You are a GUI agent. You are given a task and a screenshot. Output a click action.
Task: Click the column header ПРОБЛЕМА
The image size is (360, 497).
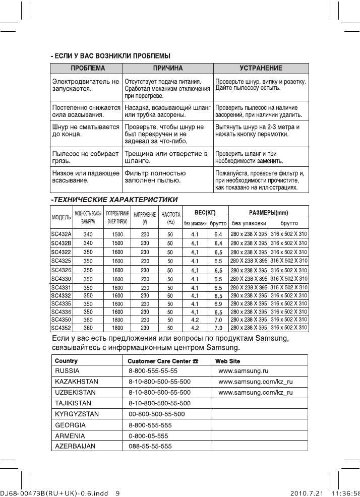(87, 68)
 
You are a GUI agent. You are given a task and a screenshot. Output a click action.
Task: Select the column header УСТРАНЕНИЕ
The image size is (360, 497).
(261, 68)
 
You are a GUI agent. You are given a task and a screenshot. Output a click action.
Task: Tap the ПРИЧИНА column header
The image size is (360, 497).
(168, 68)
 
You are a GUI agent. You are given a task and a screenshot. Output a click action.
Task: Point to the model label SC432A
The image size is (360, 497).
(62, 234)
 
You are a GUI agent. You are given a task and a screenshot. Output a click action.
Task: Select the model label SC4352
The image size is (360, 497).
(62, 328)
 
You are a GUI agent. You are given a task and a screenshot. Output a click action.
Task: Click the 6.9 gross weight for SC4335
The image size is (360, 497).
(218, 304)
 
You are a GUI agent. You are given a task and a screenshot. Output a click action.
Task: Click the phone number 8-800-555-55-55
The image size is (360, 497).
(153, 370)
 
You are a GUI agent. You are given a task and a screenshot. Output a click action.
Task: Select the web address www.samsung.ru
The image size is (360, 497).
(243, 370)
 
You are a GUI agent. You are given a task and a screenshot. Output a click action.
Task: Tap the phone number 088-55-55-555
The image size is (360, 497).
(150, 446)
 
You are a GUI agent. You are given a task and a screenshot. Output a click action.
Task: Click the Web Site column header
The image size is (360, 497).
(227, 361)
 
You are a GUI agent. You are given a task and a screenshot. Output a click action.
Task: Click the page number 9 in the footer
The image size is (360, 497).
(117, 493)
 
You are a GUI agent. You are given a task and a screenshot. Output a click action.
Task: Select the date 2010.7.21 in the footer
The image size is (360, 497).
(308, 493)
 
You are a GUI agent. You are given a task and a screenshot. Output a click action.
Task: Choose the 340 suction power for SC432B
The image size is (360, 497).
(88, 243)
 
